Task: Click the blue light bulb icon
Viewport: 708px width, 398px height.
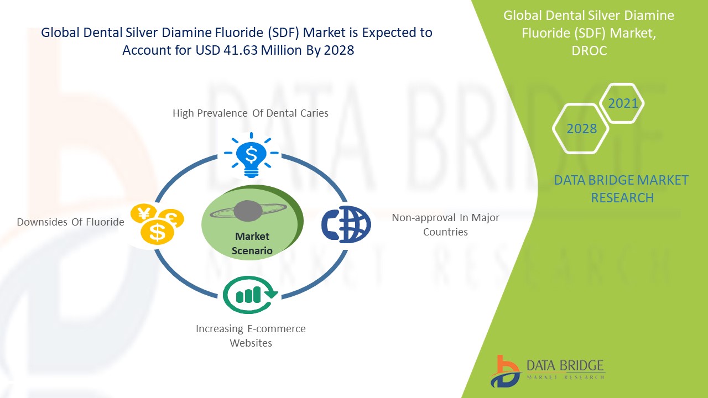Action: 251,155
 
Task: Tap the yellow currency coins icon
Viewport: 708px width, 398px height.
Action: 157,224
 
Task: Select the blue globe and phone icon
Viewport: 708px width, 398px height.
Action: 346,224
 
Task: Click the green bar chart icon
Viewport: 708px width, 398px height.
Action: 250,295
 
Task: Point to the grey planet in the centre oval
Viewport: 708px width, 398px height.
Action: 248,211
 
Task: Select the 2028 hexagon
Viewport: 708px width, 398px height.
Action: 581,129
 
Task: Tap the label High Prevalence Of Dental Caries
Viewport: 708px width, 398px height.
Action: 251,113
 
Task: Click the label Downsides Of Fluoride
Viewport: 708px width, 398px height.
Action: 70,222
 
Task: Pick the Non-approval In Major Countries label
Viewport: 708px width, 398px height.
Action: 445,224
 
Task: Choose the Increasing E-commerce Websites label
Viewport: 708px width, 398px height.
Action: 251,336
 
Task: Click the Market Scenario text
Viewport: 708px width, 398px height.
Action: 252,243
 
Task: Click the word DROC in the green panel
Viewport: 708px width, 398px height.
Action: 589,50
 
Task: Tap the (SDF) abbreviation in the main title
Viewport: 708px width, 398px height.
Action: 283,33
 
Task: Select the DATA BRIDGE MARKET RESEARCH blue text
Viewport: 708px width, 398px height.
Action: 621,189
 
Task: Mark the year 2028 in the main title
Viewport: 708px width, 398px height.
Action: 339,50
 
